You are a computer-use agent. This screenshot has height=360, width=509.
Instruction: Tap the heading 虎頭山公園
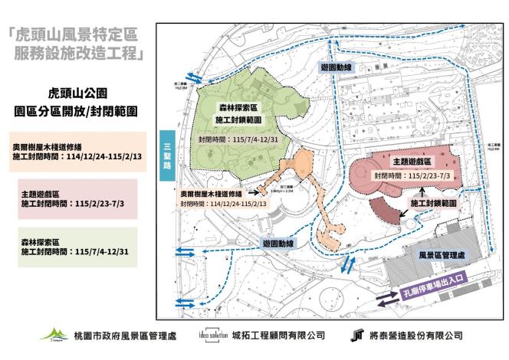coord(76,92)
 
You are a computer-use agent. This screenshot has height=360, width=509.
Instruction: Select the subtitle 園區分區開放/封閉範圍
coord(76,110)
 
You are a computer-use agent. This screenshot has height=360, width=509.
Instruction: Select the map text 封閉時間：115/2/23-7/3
coord(412,175)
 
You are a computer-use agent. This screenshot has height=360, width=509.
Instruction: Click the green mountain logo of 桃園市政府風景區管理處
coord(54,335)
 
